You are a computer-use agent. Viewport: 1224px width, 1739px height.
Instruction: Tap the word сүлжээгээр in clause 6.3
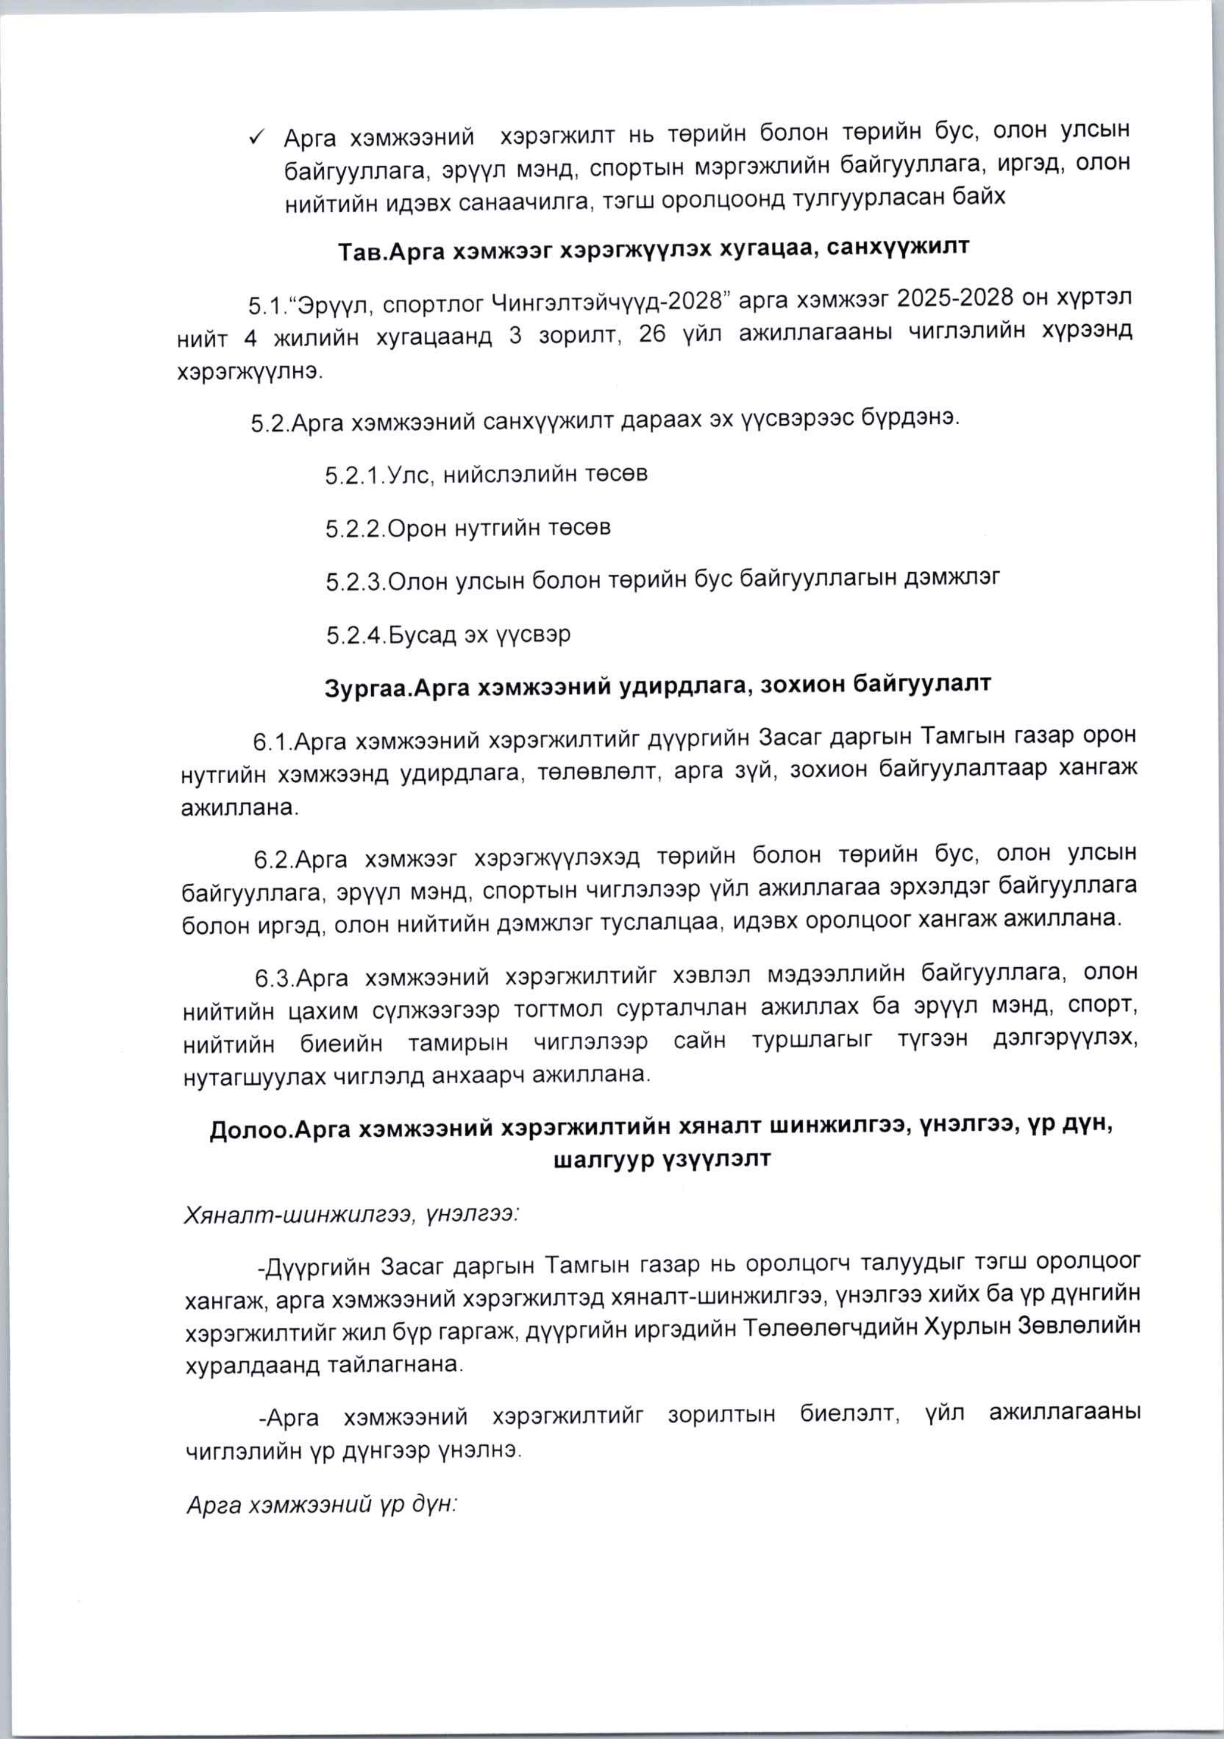tap(435, 1012)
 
